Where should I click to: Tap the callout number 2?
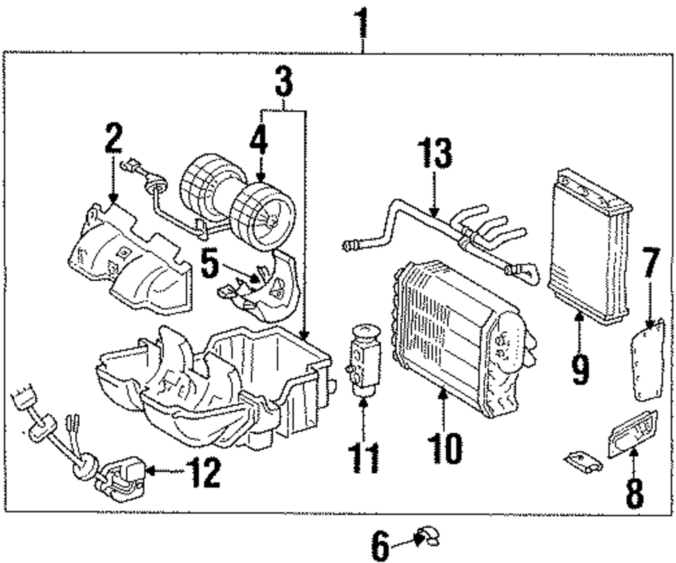pyautogui.click(x=114, y=138)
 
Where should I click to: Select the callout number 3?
pyautogui.click(x=284, y=82)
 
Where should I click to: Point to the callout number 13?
pyautogui.click(x=435, y=153)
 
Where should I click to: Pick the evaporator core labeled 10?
pyautogui.click(x=464, y=339)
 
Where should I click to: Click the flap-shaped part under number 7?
pyautogui.click(x=648, y=361)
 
